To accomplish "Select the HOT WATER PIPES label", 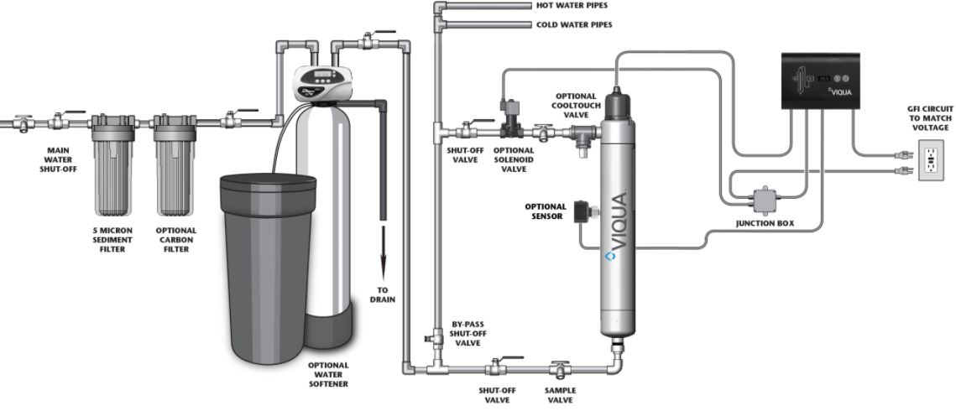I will (573, 5).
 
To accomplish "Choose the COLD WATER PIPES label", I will (574, 24).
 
